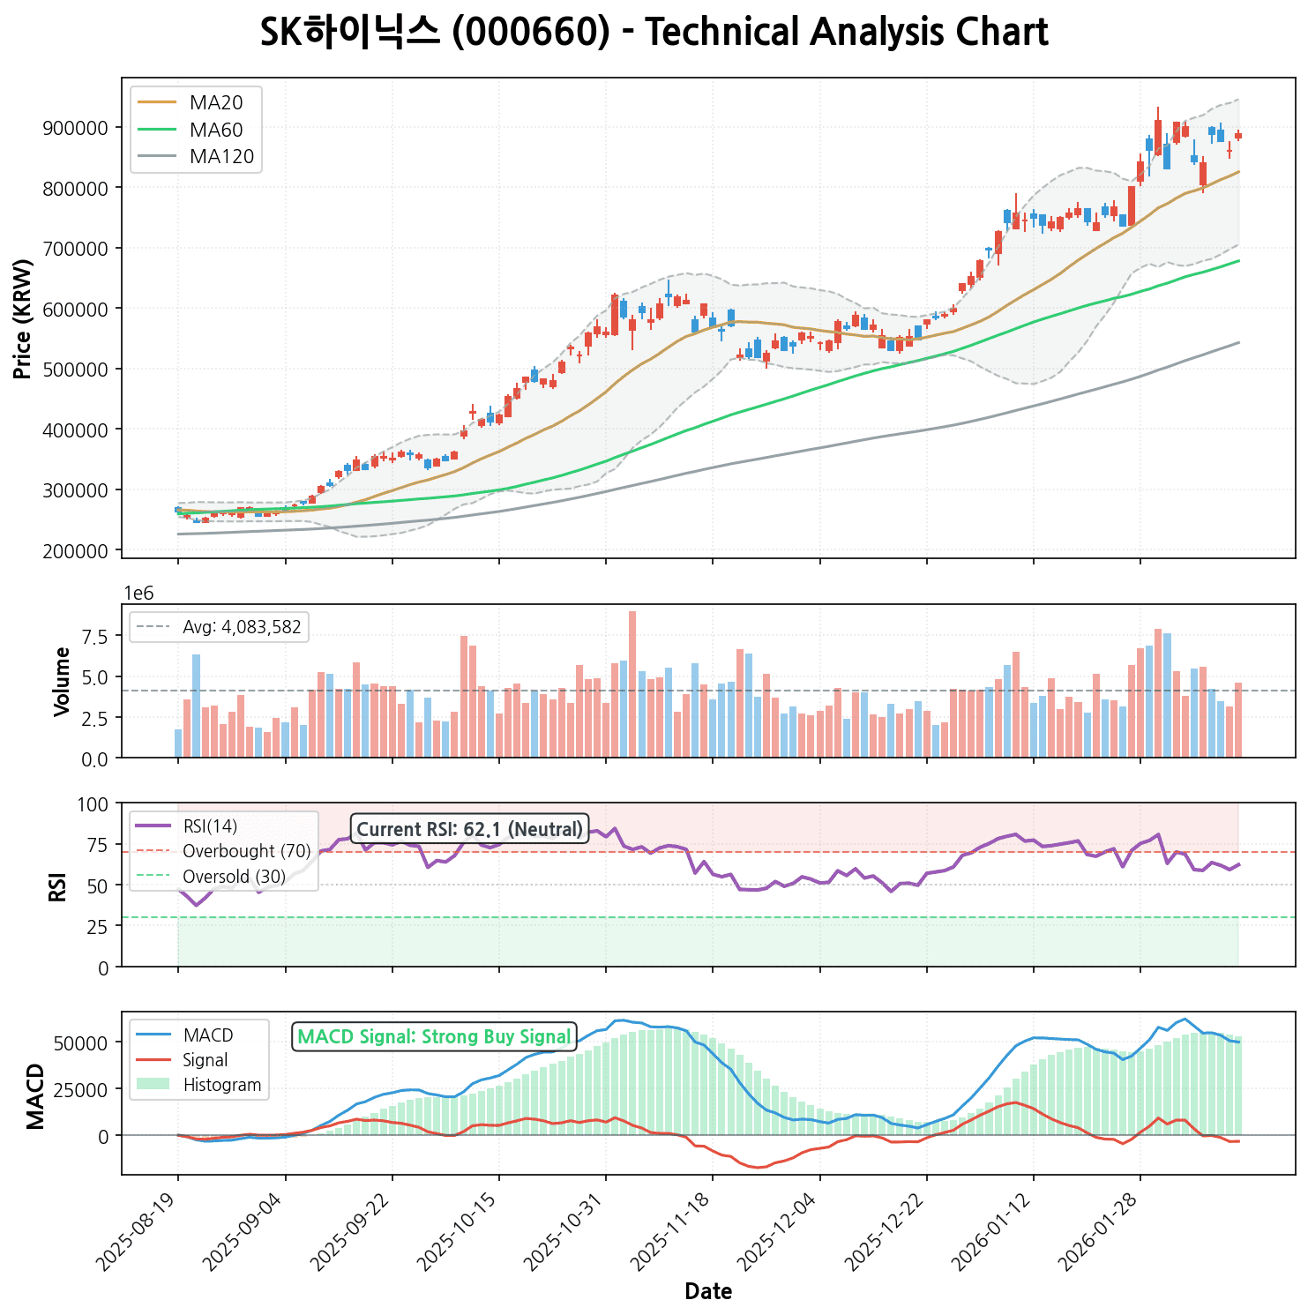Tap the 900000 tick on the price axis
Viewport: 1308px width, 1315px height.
75,128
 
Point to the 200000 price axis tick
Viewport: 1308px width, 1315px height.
75,550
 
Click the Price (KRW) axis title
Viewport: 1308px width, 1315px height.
24,318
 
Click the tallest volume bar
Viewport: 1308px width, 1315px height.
632,684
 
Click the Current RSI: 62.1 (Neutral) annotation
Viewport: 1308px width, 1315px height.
469,829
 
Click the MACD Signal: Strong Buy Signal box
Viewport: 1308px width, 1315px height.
434,1037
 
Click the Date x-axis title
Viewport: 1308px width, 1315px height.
708,1292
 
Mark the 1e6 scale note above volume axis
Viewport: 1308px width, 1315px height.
138,594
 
